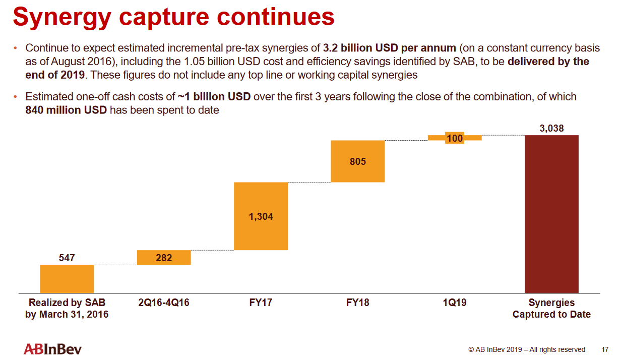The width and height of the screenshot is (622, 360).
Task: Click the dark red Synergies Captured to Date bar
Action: point(551,214)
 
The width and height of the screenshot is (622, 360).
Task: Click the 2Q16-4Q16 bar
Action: point(164,258)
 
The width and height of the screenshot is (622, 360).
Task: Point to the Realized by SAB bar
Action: point(67,279)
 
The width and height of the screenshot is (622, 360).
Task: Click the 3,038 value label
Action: point(551,129)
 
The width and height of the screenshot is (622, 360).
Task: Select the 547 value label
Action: point(67,258)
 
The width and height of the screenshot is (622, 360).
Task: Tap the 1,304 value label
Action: point(261,216)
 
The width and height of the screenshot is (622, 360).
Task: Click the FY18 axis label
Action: point(357,303)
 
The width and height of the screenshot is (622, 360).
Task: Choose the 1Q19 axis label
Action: point(455,303)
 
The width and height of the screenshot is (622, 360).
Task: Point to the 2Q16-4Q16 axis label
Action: point(164,303)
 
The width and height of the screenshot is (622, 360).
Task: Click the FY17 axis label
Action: point(261,303)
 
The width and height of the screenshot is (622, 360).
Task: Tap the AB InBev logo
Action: point(52,349)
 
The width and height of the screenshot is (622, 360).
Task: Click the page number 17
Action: point(605,349)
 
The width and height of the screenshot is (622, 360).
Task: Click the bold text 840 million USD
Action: point(66,109)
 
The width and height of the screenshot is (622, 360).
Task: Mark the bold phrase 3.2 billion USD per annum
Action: point(389,48)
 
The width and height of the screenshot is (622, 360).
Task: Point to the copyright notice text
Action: point(527,349)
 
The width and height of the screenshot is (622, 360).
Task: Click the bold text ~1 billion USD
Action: point(214,96)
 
